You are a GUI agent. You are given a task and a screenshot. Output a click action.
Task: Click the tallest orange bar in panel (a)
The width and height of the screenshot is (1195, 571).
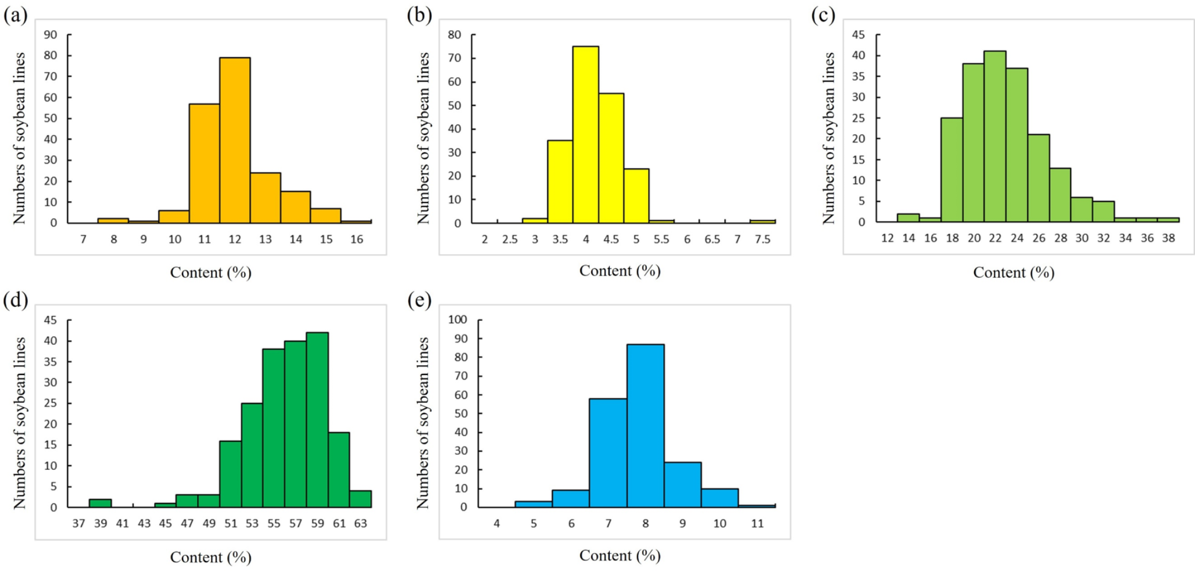235,140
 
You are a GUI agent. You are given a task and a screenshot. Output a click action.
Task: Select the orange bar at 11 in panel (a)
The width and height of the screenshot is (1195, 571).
204,163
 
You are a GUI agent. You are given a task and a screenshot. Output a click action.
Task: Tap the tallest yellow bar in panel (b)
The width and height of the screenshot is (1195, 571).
585,134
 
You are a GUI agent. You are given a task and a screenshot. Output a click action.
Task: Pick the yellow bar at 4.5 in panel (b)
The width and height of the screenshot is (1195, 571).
611,158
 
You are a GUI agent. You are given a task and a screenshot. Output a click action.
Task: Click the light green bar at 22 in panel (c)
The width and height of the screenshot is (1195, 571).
994,137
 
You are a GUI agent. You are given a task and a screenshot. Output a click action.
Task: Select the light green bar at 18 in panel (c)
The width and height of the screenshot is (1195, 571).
951,170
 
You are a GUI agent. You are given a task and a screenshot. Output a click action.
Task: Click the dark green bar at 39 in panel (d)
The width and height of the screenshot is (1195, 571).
100,503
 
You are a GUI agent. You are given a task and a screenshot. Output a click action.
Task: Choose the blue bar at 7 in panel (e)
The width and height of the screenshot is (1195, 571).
608,453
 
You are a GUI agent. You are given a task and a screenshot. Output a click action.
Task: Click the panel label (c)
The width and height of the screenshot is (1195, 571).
822,15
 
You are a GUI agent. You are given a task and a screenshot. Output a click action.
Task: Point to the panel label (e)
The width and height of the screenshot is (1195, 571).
419,300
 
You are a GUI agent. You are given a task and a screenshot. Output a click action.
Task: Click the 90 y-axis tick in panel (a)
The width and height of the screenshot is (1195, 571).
51,35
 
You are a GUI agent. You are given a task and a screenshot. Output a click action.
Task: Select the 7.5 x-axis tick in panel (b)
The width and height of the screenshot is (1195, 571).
762,240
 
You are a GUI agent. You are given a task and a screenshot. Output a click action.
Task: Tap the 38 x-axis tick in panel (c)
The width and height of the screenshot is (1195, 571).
1168,238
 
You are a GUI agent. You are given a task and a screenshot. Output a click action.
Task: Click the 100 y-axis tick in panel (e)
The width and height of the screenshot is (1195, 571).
457,319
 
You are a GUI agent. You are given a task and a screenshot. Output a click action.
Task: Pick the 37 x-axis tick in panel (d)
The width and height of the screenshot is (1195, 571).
78,523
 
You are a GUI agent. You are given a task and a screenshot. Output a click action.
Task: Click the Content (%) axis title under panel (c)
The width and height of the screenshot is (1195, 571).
1013,272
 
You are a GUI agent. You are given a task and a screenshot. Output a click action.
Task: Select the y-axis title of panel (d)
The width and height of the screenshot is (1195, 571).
20,423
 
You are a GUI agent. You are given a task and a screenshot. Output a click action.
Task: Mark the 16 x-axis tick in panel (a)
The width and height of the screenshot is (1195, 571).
356,239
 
